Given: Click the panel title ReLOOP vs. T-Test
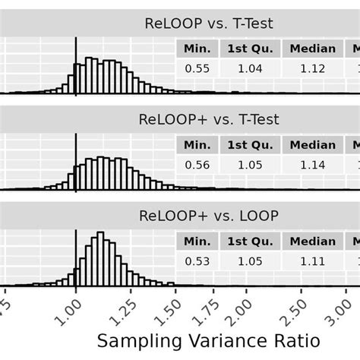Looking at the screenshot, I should (208, 24).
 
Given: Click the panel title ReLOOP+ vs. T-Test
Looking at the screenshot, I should (208, 119).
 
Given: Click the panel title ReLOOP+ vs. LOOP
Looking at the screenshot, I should (208, 216).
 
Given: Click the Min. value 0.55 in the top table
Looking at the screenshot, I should (197, 68).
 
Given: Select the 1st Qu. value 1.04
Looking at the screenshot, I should (250, 68).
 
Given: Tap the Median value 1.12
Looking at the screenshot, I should (312, 68).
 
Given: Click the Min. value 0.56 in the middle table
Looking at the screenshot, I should (197, 164).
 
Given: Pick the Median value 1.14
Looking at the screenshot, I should (312, 164).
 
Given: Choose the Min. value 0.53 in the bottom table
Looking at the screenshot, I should (197, 261).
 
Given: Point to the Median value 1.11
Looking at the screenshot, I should (312, 261).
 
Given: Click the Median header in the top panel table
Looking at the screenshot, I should (312, 49).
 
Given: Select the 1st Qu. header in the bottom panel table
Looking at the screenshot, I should (250, 241).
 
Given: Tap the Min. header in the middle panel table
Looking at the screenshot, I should (197, 144).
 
